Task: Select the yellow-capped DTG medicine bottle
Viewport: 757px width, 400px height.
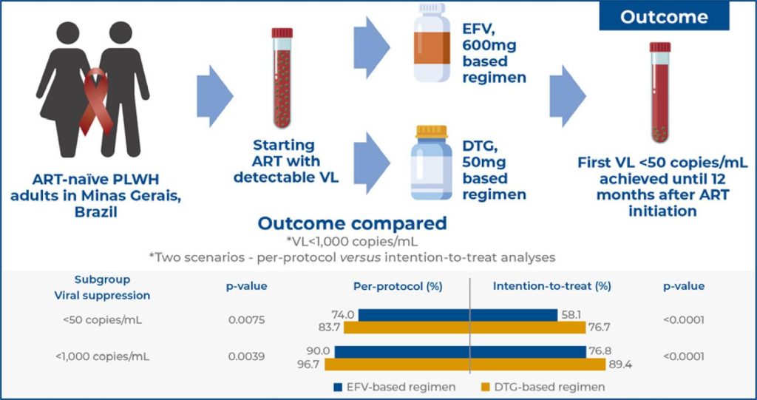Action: [431, 164]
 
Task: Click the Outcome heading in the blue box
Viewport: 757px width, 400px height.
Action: [663, 17]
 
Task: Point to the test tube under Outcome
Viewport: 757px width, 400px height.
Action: [660, 92]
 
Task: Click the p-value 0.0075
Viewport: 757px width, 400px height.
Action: [246, 320]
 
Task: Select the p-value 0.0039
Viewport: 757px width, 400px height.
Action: [246, 356]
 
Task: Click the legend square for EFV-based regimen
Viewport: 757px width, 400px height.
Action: [338, 387]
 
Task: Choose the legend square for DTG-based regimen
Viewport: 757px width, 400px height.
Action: [486, 387]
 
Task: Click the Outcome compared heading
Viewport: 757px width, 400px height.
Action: [352, 223]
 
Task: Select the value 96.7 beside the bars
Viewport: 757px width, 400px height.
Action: [311, 364]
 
